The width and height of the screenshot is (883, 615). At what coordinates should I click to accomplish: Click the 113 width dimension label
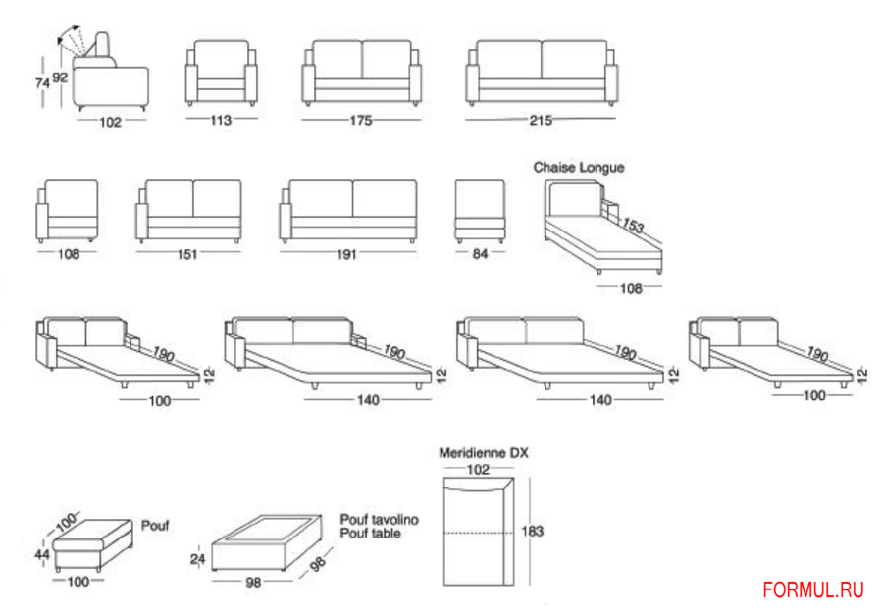pyautogui.click(x=221, y=120)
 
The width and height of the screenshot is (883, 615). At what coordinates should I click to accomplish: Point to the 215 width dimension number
pyautogui.click(x=541, y=120)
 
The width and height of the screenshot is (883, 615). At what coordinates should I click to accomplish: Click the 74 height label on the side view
pyautogui.click(x=42, y=84)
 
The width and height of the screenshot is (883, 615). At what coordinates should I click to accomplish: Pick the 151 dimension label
pyautogui.click(x=187, y=254)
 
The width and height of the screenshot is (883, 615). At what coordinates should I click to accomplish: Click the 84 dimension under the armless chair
pyautogui.click(x=480, y=254)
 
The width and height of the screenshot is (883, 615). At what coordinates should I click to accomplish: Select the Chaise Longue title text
pyautogui.click(x=578, y=168)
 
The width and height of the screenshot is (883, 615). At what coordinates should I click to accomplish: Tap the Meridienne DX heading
pyautogui.click(x=483, y=453)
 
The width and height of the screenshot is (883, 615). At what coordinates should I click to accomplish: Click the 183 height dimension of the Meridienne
pyautogui.click(x=532, y=531)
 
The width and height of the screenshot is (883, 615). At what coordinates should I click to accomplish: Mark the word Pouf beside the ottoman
pyautogui.click(x=155, y=525)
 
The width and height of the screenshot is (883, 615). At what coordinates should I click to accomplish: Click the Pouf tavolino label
pyautogui.click(x=379, y=520)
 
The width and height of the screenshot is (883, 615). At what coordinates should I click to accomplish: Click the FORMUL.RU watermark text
pyautogui.click(x=813, y=589)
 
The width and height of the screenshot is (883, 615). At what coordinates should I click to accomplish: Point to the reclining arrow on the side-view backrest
pyautogui.click(x=72, y=39)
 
